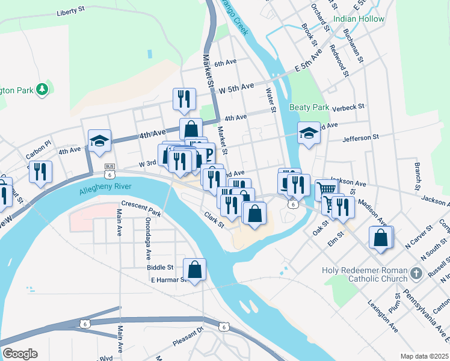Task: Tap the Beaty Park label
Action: point(309,107)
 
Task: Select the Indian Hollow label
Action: point(359,19)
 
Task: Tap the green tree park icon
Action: point(42,90)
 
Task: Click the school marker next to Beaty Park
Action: point(309,133)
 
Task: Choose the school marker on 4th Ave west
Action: point(99,141)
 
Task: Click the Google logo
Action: point(20,354)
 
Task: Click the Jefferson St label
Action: point(360,138)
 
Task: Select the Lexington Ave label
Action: point(383,315)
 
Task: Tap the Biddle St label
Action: point(160,267)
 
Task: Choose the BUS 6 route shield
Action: point(109,170)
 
